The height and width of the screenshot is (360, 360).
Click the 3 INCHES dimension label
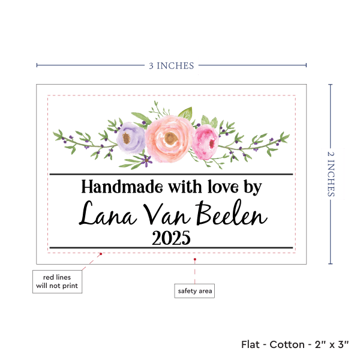[x=171, y=65]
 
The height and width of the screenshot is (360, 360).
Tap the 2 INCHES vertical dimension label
[x=332, y=173]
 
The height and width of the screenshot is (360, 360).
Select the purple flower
[x=131, y=137]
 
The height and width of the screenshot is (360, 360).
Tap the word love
[x=217, y=187]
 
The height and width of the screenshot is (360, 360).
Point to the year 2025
[x=171, y=238]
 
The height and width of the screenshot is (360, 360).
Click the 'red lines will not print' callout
[x=56, y=281]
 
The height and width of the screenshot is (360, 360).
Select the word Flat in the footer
[x=251, y=344]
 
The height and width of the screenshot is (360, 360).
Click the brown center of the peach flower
[x=170, y=139]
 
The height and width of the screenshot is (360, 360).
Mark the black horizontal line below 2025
[x=171, y=248]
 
